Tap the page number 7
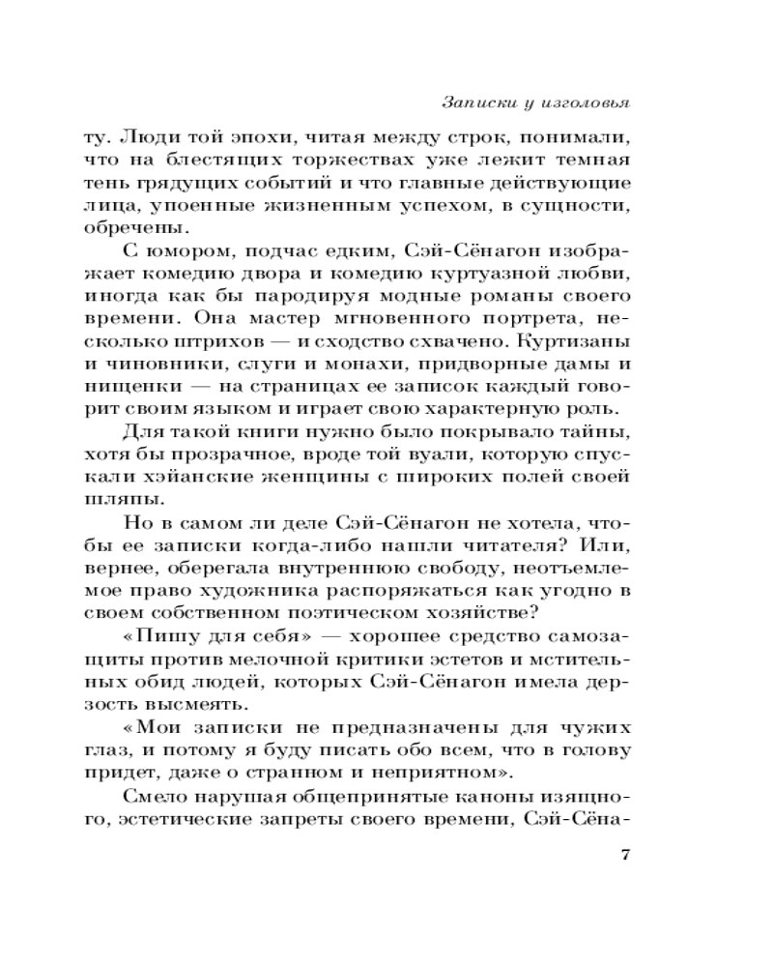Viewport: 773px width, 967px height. (x=623, y=855)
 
